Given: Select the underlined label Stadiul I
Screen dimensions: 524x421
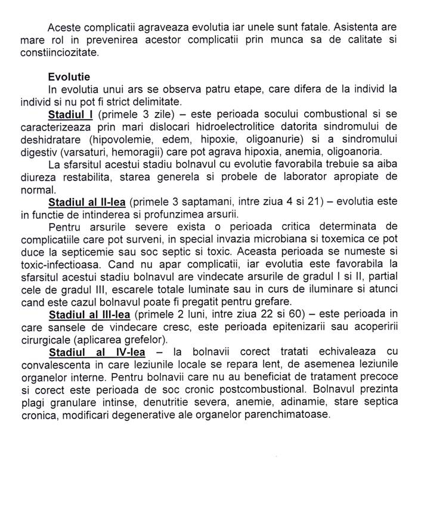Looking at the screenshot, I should [x=70, y=113].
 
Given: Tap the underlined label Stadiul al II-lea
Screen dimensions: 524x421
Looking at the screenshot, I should [x=86, y=203].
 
